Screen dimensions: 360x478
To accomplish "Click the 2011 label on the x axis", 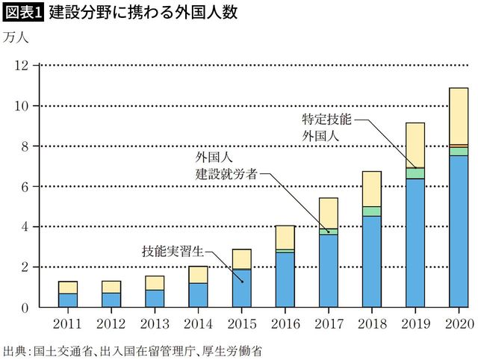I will point(68,323).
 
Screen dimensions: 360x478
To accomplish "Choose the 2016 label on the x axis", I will point(285,323).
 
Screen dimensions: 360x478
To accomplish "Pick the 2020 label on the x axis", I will point(458,323).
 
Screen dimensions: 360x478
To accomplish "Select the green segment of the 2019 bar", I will point(415,173).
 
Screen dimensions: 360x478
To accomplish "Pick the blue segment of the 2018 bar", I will point(371,261).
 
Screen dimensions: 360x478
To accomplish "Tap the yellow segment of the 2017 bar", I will point(328,213).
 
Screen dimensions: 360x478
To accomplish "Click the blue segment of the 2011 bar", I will point(68,300).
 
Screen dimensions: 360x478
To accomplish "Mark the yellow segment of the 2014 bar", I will point(198,275).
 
